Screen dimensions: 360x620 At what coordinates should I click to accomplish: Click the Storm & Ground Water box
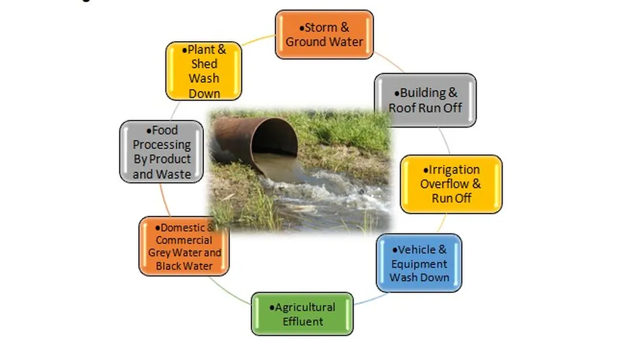click(x=324, y=34)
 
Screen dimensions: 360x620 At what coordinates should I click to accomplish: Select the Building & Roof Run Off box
click(x=425, y=100)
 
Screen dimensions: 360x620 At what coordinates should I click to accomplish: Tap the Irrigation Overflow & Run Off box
click(x=451, y=184)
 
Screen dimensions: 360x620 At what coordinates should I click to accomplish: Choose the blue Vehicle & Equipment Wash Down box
click(x=419, y=263)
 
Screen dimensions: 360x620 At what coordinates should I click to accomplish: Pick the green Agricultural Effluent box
click(x=302, y=314)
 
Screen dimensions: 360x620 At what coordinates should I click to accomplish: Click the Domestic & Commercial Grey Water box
click(x=185, y=247)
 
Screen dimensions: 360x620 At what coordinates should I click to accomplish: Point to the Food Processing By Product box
click(x=161, y=152)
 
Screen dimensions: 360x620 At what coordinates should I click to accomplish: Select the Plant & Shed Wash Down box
click(x=203, y=71)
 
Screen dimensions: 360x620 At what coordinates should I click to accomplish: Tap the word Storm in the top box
click(x=320, y=27)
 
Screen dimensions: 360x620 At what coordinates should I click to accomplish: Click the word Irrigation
click(x=454, y=169)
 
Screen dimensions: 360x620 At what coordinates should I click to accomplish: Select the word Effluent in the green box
click(x=303, y=321)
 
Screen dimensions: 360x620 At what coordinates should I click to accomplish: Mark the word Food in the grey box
click(x=165, y=130)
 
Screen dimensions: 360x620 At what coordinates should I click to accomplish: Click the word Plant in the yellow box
click(x=198, y=50)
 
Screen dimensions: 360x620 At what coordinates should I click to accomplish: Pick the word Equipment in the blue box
click(x=419, y=264)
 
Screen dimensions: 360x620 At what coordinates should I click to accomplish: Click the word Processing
click(x=162, y=145)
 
